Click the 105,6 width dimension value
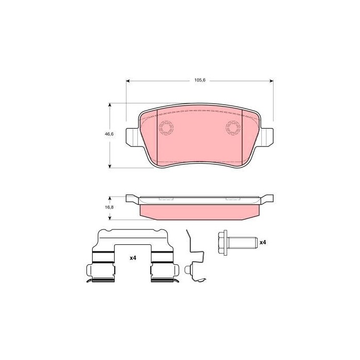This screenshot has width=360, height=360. pos(200,80)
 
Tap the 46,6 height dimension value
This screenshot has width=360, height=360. pos(109,134)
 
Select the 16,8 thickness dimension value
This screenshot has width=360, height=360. pos(109,207)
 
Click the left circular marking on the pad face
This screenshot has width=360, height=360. pos(166,127)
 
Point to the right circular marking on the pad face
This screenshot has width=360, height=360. pos(233,127)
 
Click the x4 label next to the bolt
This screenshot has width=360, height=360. pos(263,242)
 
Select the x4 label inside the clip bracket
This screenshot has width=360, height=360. pos(133,258)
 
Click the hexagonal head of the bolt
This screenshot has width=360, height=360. pos(223,243)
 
